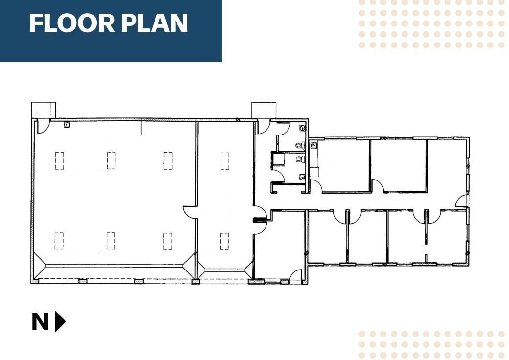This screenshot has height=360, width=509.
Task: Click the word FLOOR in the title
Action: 66,23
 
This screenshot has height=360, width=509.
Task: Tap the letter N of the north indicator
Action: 41,322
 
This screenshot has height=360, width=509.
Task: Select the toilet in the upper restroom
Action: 299,145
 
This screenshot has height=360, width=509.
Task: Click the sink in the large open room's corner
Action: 66,124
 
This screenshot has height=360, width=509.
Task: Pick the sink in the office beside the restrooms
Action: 314,145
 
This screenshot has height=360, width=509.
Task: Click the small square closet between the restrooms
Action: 279,158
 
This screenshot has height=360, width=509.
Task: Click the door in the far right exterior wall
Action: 462,201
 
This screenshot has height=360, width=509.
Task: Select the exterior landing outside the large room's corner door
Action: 44,110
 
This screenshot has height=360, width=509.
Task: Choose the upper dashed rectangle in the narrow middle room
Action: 224,161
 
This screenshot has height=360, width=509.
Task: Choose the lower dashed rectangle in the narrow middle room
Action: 224,241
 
